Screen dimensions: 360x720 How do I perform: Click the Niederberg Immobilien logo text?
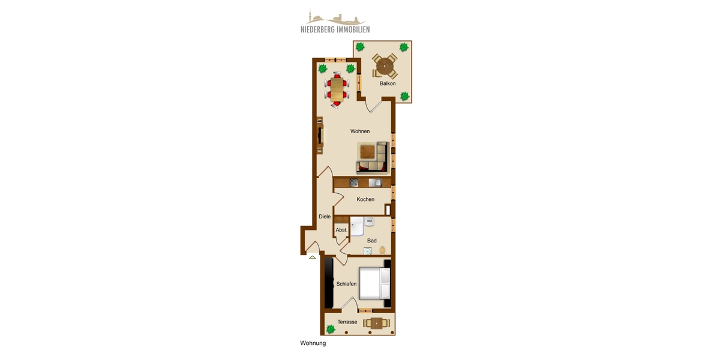(x=335, y=29)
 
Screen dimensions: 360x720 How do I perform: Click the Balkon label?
(x=388, y=83)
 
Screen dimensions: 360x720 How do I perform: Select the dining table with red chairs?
(x=337, y=90)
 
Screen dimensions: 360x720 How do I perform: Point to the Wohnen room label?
(x=360, y=131)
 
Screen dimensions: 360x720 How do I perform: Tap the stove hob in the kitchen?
(x=354, y=183)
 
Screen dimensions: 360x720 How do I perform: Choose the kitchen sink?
(x=375, y=183)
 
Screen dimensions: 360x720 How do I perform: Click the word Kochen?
(x=365, y=199)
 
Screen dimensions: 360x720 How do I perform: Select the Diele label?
(x=325, y=217)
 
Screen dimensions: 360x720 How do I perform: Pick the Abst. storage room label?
(x=341, y=230)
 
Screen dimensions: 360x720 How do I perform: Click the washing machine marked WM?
(x=370, y=222)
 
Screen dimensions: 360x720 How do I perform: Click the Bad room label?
(x=372, y=241)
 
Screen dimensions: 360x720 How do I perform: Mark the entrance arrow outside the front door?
(x=312, y=257)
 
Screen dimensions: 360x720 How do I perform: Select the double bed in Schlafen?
(x=374, y=283)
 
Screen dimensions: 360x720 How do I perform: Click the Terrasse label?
(x=347, y=322)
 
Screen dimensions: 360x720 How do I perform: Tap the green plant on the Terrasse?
(x=331, y=328)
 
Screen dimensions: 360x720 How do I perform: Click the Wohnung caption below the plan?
(x=313, y=344)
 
